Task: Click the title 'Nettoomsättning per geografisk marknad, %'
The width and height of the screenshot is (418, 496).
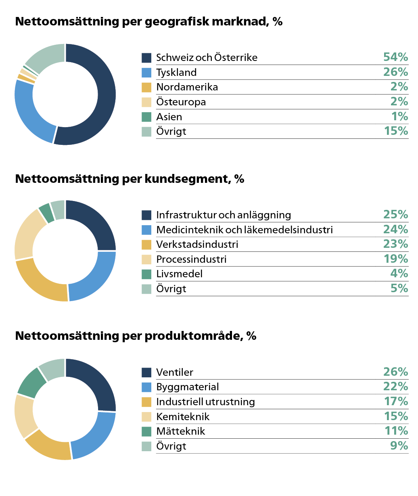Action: tap(148, 21)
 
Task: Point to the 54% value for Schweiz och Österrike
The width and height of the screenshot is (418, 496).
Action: tap(395, 57)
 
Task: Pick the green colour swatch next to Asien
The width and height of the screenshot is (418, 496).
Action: tap(146, 117)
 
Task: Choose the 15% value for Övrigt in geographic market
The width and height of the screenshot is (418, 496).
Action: tap(395, 131)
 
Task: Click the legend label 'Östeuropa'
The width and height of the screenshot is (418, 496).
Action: tap(181, 102)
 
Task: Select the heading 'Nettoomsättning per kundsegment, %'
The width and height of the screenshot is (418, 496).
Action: tap(130, 179)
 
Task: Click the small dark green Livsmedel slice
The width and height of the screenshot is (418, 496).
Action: tap(46, 213)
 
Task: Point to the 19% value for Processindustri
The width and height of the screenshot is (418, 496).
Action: tap(395, 259)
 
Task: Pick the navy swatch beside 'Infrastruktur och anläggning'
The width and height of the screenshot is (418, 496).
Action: tap(146, 215)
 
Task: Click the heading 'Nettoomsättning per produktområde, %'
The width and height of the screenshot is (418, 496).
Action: tap(136, 336)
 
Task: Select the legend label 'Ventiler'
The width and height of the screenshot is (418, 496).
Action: tap(175, 372)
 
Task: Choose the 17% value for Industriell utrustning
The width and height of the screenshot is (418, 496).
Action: tap(395, 402)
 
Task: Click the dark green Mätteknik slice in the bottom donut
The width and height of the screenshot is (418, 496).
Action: tap(31, 382)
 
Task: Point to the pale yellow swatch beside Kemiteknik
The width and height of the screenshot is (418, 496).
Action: tap(146, 416)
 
